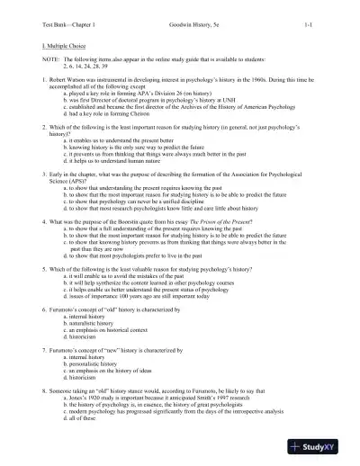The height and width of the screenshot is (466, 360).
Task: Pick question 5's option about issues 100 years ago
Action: pyautogui.click(x=132, y=295)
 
